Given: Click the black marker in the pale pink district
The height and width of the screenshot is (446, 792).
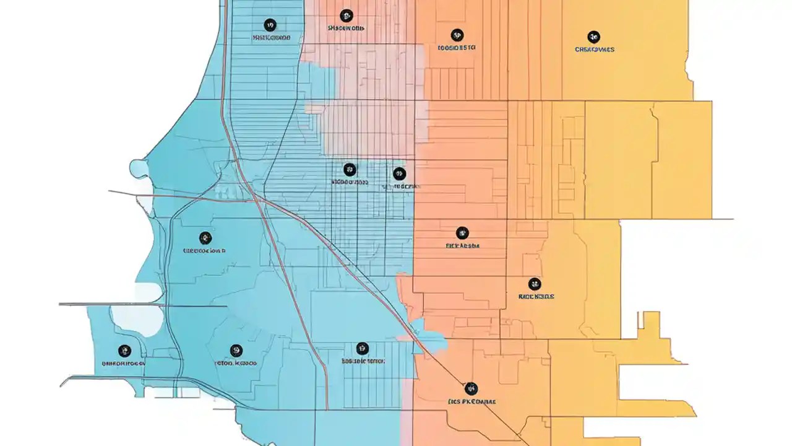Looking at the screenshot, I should tap(346, 15).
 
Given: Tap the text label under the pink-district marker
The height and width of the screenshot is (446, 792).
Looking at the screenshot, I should tap(346, 28).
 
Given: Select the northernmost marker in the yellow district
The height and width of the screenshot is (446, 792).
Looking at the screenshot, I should tap(593, 37).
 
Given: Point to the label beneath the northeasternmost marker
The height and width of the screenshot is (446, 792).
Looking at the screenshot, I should tap(594, 49).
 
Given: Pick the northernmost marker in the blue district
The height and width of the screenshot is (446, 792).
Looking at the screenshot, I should tap(270, 25).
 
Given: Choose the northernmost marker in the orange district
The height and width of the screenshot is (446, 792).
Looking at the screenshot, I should tap(457, 35).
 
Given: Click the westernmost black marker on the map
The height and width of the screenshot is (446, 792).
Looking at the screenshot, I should tap(124, 351).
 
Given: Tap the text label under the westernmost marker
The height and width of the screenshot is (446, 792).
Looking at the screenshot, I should tap(123, 364).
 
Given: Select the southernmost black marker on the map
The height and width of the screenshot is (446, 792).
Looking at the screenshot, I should tap(471, 388).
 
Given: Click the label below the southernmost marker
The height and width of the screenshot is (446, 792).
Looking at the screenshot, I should tap(471, 401).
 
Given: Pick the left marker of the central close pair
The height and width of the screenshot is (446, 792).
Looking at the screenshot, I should tap(350, 169).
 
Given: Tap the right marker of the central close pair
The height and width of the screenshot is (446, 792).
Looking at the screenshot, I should tap(399, 173).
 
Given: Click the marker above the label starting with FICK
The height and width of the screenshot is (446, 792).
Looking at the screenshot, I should tap(462, 233).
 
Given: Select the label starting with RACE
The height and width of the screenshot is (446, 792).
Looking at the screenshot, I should tap(536, 297).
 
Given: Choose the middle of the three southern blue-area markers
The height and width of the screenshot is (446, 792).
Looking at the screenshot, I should tap(236, 351).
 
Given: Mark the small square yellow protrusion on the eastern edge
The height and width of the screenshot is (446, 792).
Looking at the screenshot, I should tap(649, 321).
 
